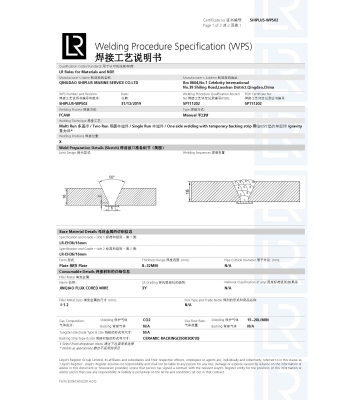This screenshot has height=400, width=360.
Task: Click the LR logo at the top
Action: pyautogui.click(x=73, y=46)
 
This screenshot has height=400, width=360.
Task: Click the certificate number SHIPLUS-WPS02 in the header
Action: pyautogui.click(x=263, y=19)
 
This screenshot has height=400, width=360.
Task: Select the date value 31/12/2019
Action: pyautogui.click(x=131, y=103)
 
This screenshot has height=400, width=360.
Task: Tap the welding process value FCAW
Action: pyautogui.click(x=64, y=114)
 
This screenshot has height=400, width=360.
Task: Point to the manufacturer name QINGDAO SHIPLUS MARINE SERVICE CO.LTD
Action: pyautogui.click(x=98, y=82)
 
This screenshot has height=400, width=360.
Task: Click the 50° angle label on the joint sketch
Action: pyautogui.click(x=111, y=177)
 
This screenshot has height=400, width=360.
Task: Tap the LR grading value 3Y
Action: pyautogui.click(x=144, y=288)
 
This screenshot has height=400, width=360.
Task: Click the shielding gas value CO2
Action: pyautogui.click(x=146, y=319)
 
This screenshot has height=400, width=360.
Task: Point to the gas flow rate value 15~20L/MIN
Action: pyautogui.click(x=258, y=319)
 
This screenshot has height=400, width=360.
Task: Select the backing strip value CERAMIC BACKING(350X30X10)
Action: pyautogui.click(x=171, y=338)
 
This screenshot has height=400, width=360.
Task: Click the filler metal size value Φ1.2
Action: pyautogui.click(x=63, y=304)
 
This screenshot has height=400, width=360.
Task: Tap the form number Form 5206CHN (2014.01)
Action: pyautogui.click(x=77, y=381)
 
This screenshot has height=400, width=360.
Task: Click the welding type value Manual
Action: pyautogui.click(x=195, y=114)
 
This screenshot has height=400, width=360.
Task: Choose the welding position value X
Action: pyautogui.click(x=60, y=142)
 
